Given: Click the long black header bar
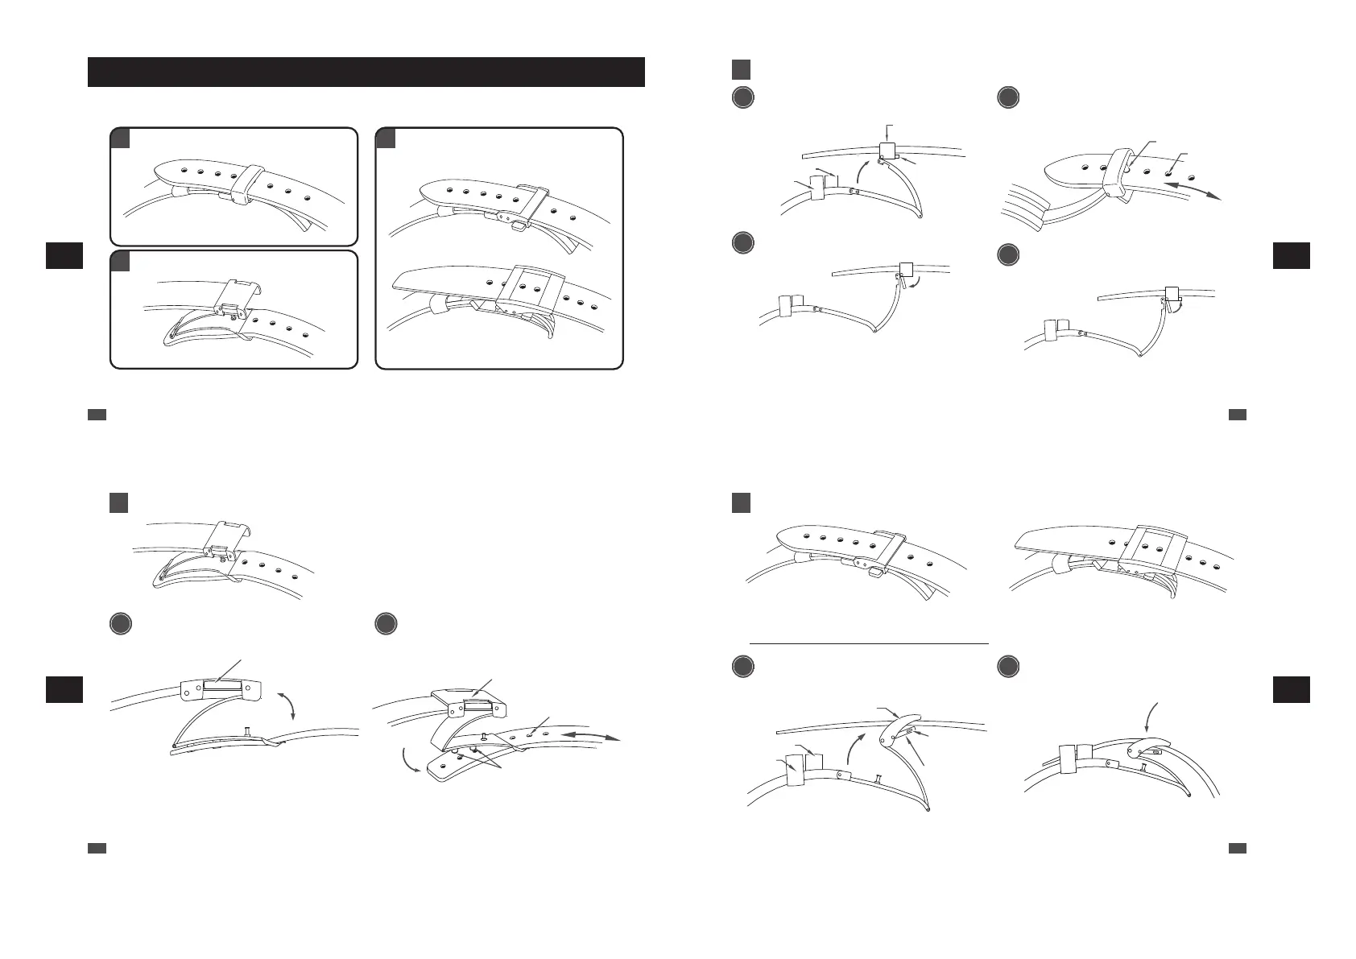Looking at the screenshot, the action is point(366,72).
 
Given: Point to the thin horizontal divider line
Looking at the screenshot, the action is point(868,643).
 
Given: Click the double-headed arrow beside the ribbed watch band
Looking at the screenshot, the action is point(1194,190).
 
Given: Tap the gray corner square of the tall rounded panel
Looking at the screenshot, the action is point(385,138).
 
